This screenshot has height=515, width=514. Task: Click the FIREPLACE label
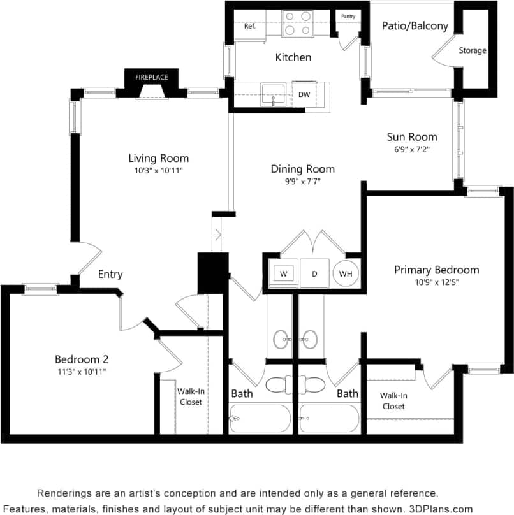click(152, 77)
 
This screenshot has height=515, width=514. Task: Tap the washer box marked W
click(283, 273)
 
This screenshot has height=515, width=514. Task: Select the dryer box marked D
click(314, 273)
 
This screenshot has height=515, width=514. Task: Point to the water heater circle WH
click(346, 273)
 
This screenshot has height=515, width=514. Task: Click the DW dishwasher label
click(304, 94)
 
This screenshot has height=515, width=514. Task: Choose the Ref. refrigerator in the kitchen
click(250, 26)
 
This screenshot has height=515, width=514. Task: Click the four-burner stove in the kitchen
click(297, 23)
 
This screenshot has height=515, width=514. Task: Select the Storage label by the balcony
click(473, 50)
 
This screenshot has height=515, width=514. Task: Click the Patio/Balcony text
click(415, 26)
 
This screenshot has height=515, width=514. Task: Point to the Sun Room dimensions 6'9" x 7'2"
click(412, 150)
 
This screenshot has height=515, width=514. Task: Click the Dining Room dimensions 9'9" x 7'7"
click(302, 182)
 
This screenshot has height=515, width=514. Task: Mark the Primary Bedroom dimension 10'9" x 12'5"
click(436, 282)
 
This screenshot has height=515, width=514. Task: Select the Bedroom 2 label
click(81, 359)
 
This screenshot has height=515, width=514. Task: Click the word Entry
click(110, 274)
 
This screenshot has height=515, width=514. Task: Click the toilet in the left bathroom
click(279, 385)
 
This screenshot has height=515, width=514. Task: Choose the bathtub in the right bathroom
click(328, 419)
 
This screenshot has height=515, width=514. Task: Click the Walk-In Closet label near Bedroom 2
click(190, 396)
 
